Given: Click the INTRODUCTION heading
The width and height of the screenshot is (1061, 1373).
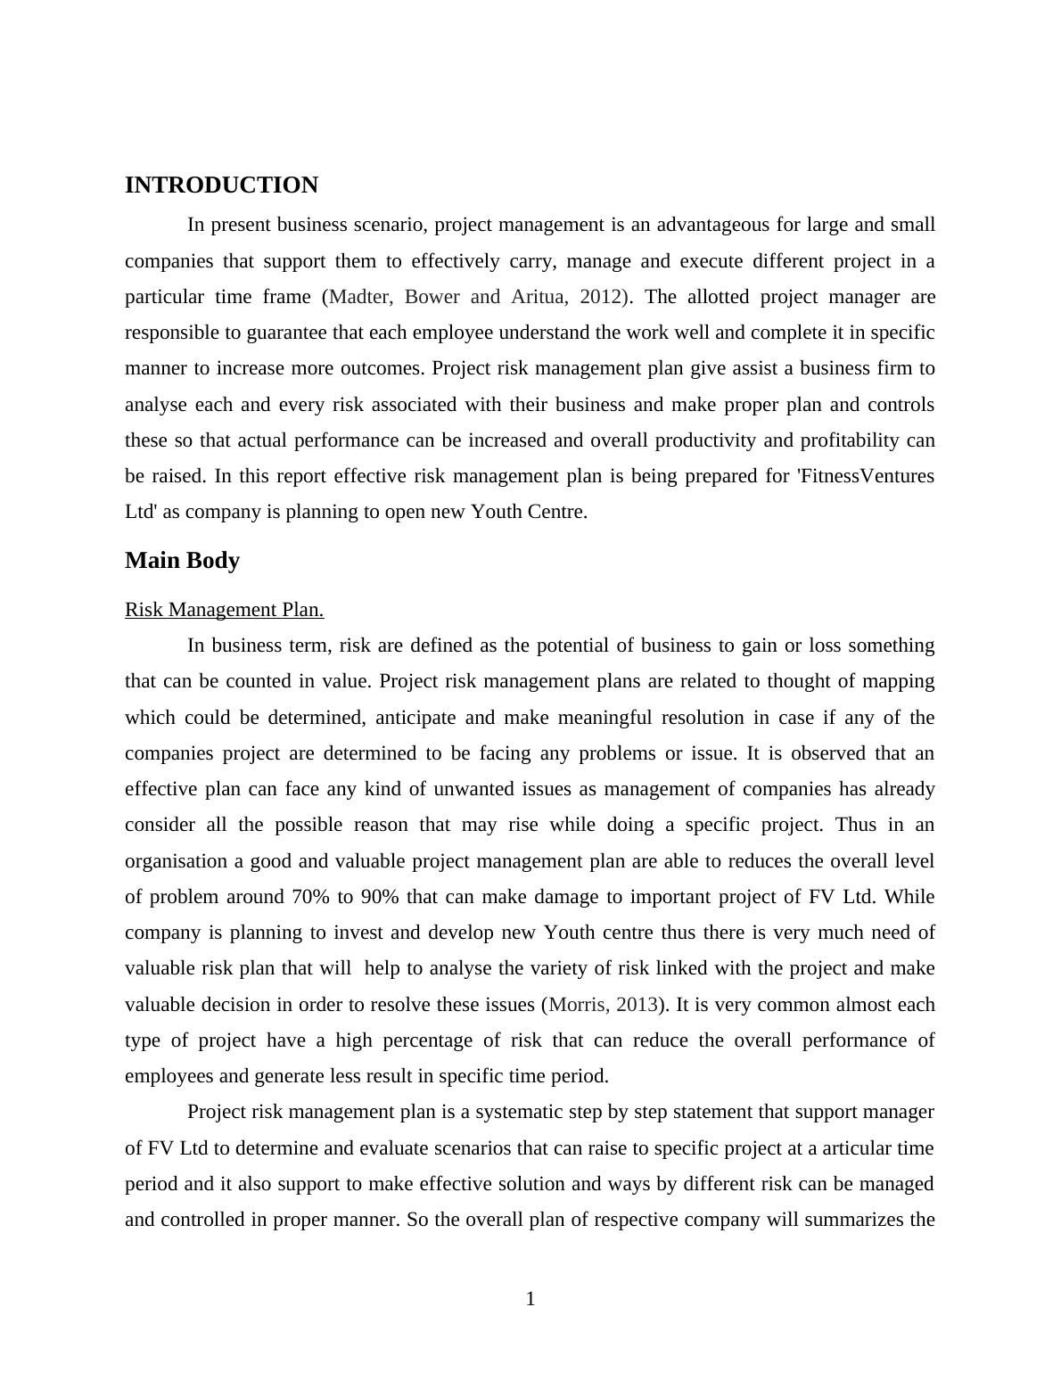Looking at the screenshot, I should coord(221,185).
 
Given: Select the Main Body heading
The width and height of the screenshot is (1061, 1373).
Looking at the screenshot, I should coord(182,561).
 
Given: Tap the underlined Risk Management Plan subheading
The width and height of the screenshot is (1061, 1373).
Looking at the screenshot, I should coord(224,610).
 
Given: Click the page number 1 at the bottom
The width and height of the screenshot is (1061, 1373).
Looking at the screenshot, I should coord(530,1299).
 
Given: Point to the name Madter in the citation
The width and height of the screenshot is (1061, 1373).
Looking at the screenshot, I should coord(360,297).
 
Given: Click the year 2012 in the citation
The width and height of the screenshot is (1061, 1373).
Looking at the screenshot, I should coord(600,297).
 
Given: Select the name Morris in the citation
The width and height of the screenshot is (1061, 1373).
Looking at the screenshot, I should coord(577,1005).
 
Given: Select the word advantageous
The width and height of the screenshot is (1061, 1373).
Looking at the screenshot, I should coord(726,225).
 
